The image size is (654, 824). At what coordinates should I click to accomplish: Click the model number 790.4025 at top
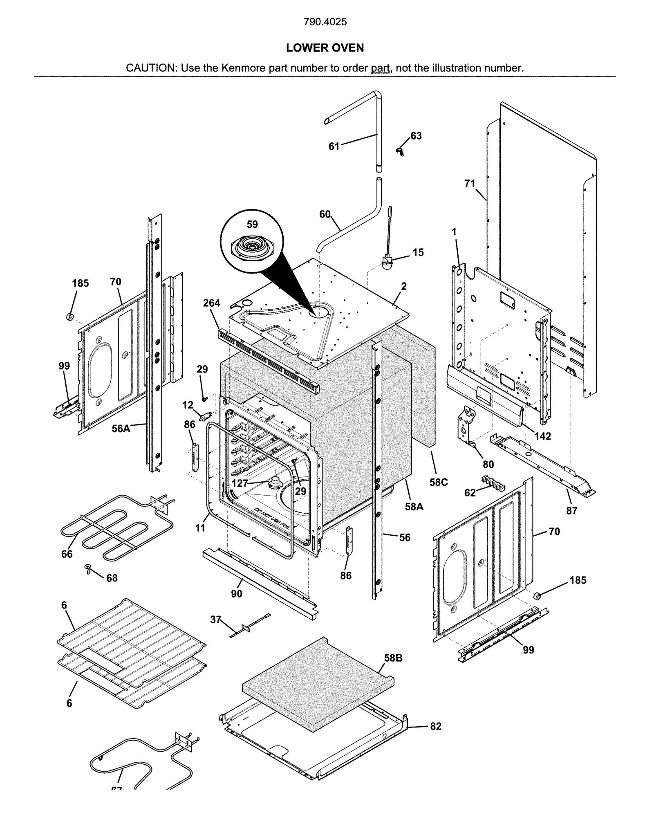325,22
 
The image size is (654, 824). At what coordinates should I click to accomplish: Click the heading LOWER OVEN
325,48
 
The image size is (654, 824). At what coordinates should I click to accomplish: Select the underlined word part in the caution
380,68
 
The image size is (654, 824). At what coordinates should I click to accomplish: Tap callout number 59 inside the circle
252,224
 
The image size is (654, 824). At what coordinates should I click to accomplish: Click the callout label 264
211,303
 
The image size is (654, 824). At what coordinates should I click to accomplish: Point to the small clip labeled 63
400,153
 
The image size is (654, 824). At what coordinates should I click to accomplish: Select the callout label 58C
439,482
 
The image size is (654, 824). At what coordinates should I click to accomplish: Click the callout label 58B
393,658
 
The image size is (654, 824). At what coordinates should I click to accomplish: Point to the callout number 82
436,726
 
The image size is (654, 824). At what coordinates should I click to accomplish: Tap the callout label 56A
121,429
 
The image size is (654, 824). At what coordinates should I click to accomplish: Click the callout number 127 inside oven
240,483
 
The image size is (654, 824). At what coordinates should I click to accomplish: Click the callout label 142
542,436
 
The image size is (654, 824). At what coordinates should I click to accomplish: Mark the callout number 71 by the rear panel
470,184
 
